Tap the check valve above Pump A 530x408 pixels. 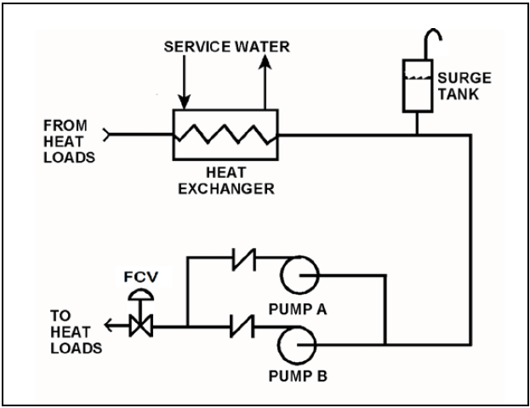pos(243,260)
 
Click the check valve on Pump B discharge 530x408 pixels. pos(242,326)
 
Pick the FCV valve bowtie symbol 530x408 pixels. pos(141,325)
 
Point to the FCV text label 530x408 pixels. pos(141,277)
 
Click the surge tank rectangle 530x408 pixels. pos(402,86)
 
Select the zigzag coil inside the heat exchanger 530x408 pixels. pos(225,135)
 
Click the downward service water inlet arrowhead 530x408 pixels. pos(185,102)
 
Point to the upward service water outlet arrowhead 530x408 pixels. pos(265,62)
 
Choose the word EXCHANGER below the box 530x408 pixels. pos(226,189)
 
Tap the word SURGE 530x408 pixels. pos(464,78)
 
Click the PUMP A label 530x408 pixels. pos(298,309)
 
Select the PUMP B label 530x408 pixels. pos(298,376)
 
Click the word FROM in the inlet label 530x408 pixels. pos(66,125)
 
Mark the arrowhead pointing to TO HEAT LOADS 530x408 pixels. pos(109,325)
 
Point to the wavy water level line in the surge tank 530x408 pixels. pos(418,78)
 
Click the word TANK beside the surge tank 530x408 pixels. pos(459,94)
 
